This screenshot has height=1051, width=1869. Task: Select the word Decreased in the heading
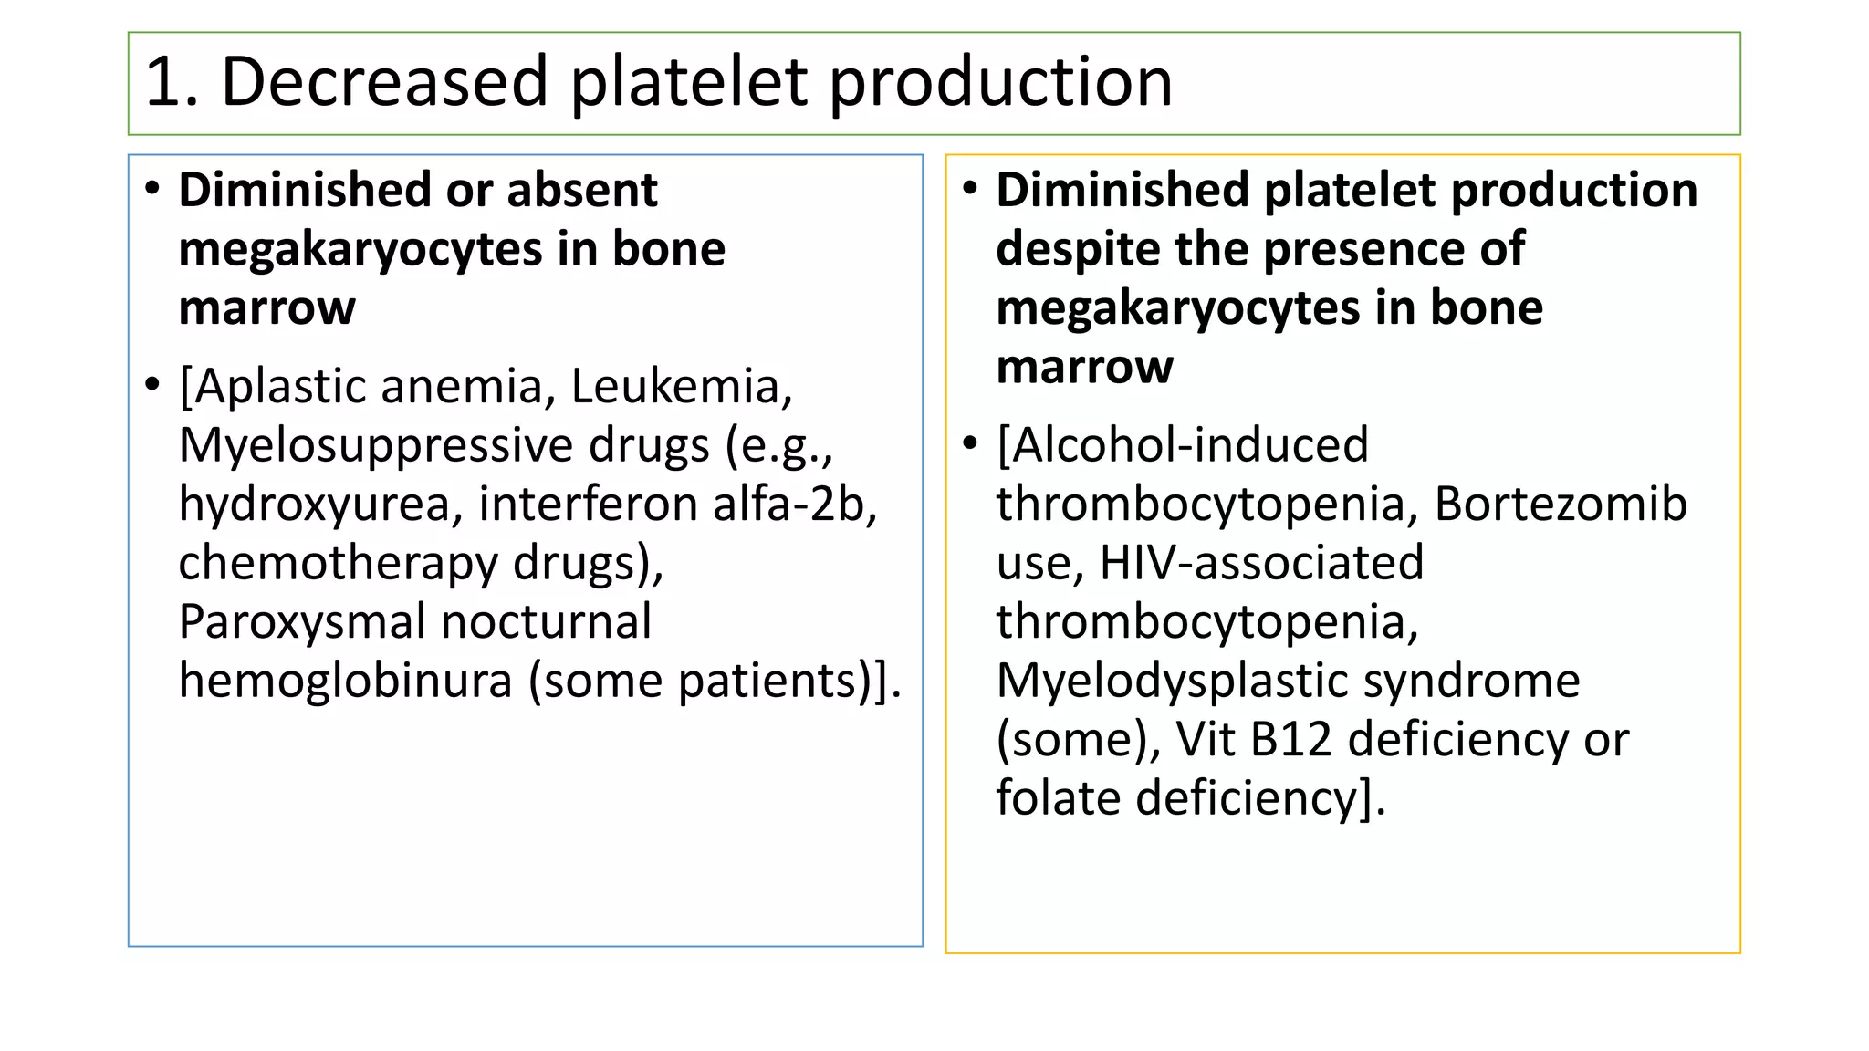(383, 82)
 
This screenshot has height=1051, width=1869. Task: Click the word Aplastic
(278, 387)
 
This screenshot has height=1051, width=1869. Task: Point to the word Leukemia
(681, 387)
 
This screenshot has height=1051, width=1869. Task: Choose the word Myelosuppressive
(444, 446)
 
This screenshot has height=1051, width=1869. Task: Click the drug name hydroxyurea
(314, 505)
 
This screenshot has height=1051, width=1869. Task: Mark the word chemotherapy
(338, 563)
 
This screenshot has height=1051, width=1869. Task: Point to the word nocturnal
(546, 621)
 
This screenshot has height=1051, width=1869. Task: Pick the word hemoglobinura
(346, 681)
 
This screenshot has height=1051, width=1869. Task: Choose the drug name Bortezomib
(1561, 505)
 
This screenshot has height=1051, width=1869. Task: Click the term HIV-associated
(1261, 563)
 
